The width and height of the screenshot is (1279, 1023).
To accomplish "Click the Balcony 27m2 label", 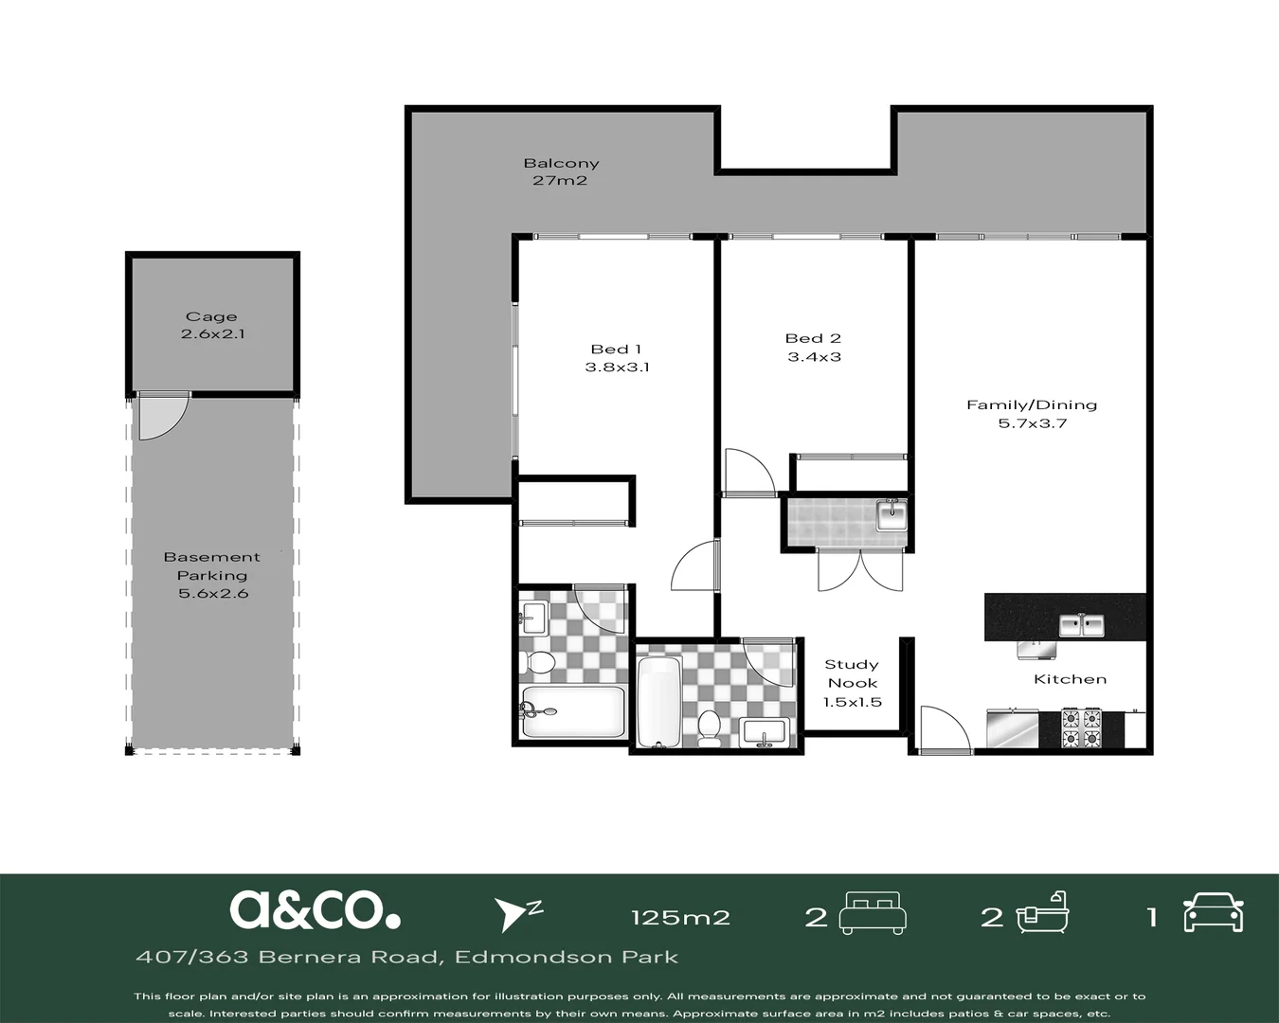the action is (561, 171).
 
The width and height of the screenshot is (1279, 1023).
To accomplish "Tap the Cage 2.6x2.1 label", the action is (212, 325).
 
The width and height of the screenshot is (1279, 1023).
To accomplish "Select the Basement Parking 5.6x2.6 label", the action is (212, 575).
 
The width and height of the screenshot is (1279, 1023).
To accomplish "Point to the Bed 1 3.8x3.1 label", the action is (617, 358).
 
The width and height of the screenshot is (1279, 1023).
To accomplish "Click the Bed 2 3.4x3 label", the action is (814, 348).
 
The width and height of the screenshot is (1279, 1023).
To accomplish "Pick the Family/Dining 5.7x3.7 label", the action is (1032, 414).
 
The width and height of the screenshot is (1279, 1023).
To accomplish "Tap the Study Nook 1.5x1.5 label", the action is (852, 683).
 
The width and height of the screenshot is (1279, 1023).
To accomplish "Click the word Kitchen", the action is (1070, 679).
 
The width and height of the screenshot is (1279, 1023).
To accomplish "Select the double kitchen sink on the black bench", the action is (1081, 625).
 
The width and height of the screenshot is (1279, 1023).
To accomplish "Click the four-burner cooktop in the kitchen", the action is (1082, 728).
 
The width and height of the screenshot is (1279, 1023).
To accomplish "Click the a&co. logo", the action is (315, 909).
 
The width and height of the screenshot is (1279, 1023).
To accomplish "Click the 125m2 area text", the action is (680, 917).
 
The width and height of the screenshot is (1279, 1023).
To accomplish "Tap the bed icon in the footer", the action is (873, 912).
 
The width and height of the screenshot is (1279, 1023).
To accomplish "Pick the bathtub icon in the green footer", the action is (1042, 912).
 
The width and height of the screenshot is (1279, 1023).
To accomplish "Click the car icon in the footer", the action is (1214, 912).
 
